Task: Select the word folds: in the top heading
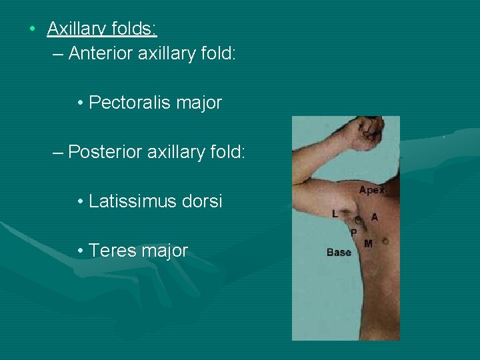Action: [x=136, y=29]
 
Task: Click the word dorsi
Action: [x=201, y=201]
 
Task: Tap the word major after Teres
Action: [x=163, y=251]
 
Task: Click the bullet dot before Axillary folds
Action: [x=32, y=29]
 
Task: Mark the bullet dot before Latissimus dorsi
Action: [x=80, y=201]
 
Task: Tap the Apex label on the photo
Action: [x=372, y=190]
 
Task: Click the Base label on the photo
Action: [x=339, y=253]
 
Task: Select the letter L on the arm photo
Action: [x=335, y=213]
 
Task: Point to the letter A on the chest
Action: [x=374, y=217]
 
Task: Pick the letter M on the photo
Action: [x=368, y=244]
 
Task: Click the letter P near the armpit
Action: [x=353, y=232]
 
